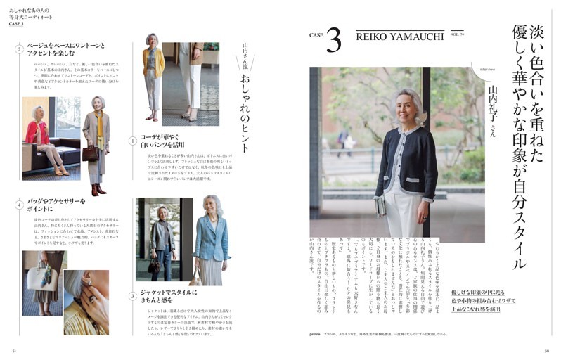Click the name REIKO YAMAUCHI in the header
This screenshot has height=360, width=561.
click(399, 36)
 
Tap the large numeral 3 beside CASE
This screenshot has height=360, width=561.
click(333, 41)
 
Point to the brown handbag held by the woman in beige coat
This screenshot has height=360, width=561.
click(90, 153)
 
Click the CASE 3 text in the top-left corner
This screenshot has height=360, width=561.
click(16, 23)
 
